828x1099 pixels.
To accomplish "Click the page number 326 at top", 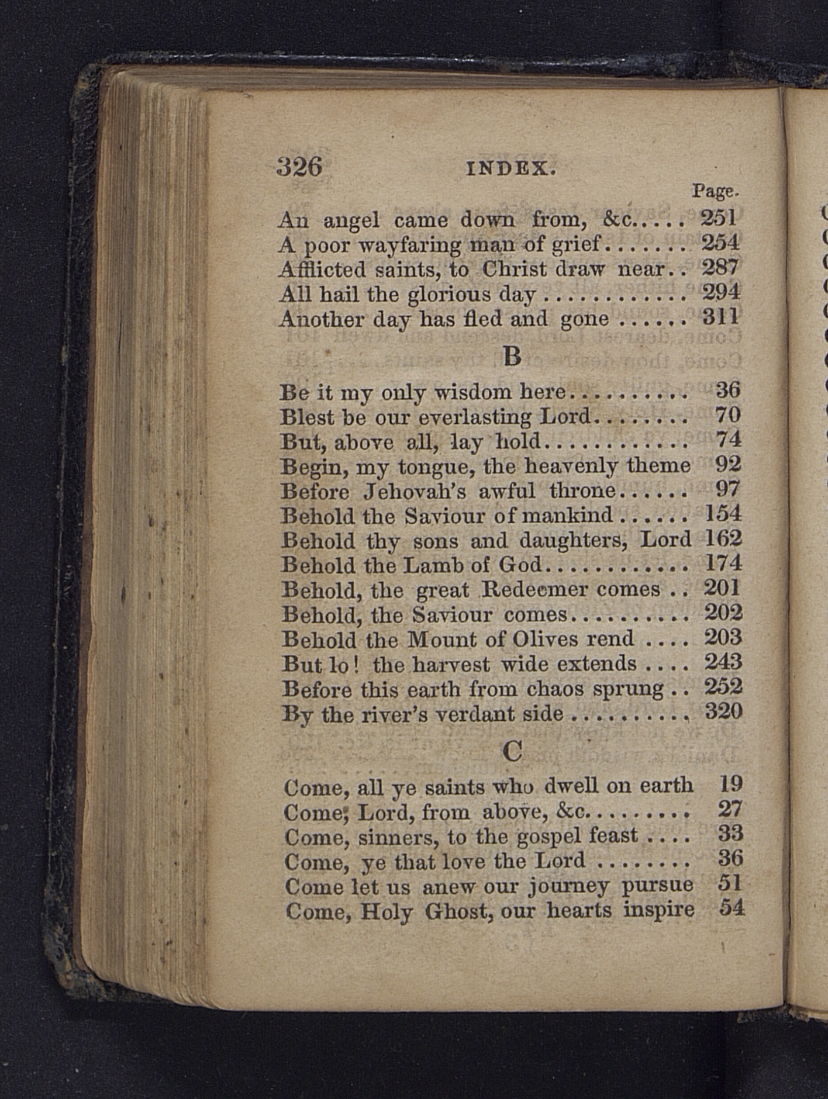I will (x=299, y=167).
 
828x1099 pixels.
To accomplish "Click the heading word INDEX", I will (x=510, y=169).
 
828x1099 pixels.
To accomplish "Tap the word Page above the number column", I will (x=715, y=191).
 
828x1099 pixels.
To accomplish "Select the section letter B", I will (x=512, y=355).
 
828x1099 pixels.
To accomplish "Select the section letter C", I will (x=512, y=751).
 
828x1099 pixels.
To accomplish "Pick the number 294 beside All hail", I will (x=720, y=291).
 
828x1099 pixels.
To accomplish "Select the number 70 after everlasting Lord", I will (x=728, y=414).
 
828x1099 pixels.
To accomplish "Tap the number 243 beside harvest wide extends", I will (x=723, y=662).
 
